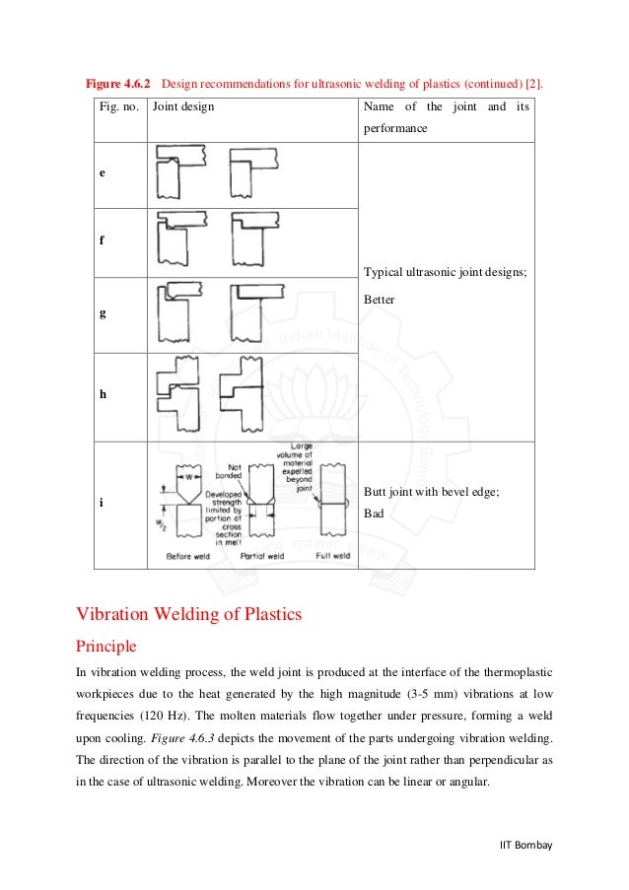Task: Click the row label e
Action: pos(102,172)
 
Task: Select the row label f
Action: pos(102,238)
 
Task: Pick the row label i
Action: pos(102,503)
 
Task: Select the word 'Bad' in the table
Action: pos(374,513)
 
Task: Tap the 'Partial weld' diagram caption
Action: pos(262,556)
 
